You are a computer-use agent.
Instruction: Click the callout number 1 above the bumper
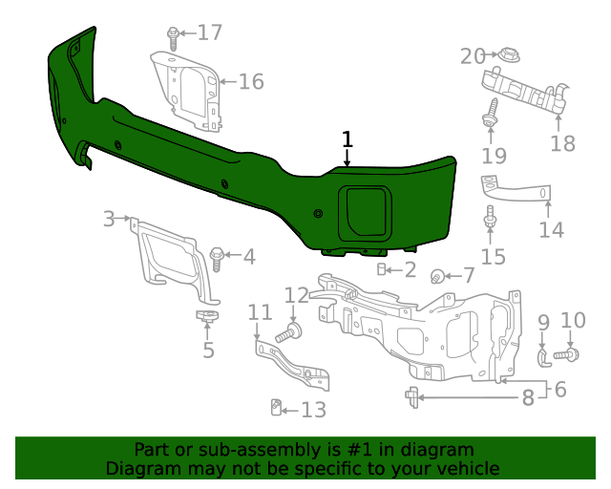pos(348,138)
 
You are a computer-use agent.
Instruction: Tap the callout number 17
pos(209,32)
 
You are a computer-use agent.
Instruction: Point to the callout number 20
pos(473,56)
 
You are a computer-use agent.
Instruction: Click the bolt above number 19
pos(491,112)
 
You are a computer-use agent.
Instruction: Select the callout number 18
pos(563,143)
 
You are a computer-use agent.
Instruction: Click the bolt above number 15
pos(491,218)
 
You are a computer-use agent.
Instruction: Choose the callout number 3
pos(109,220)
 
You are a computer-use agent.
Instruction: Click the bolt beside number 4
pos(215,256)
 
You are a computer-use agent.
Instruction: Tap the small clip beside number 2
pos(382,270)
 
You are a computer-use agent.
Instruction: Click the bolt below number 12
pos(288,333)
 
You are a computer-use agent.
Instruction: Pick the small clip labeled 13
pos(274,409)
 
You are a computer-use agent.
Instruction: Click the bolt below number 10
pos(565,355)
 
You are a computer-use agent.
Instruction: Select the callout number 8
pos(527,397)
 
